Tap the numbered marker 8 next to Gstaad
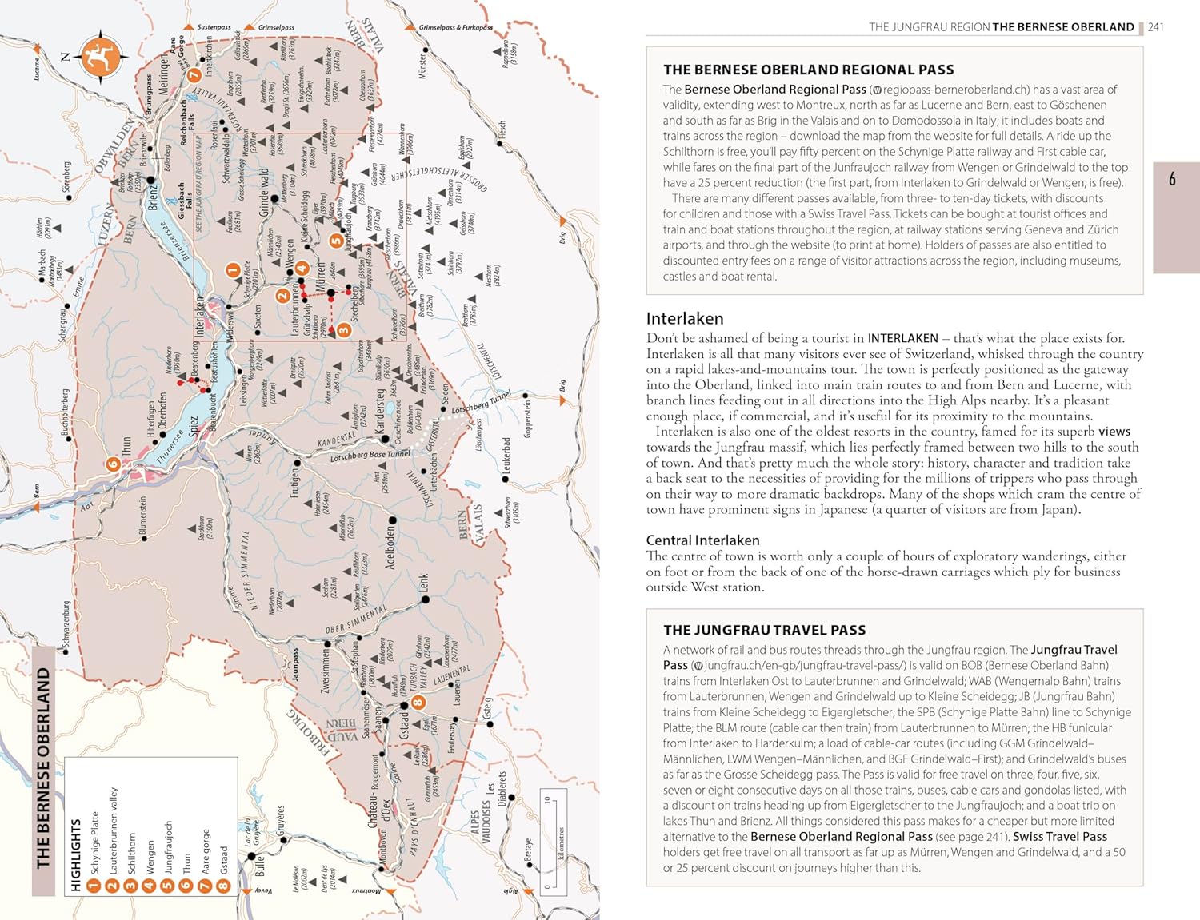[417, 703]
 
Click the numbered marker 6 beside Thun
[113, 464]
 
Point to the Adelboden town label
[390, 542]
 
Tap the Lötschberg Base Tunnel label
[370, 456]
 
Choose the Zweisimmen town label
[326, 671]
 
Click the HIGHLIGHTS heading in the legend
[76, 854]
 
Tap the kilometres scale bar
[554, 839]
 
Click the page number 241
[1156, 27]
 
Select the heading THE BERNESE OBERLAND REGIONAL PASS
[808, 70]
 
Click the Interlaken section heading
[685, 318]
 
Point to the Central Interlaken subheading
[702, 540]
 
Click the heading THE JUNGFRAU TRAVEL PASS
[764, 630]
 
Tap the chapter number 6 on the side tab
[1172, 178]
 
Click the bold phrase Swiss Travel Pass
[1060, 836]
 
